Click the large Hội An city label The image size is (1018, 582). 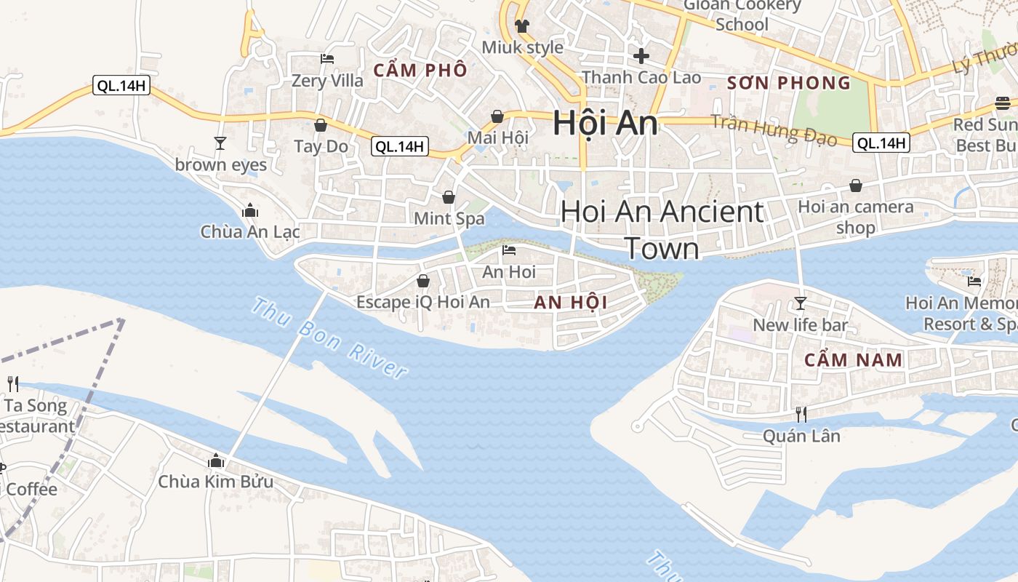(x=605, y=123)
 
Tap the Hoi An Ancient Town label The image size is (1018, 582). (x=662, y=229)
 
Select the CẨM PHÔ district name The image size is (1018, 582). (x=420, y=71)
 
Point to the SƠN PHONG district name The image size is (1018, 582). (x=789, y=83)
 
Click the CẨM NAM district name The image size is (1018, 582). (x=854, y=360)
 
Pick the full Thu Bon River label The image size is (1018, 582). (x=328, y=338)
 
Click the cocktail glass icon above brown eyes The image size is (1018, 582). (x=220, y=143)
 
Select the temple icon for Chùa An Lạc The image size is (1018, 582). (x=250, y=210)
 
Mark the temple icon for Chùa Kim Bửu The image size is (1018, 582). (x=215, y=461)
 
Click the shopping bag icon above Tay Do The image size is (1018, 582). (x=321, y=125)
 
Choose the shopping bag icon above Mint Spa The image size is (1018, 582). (x=449, y=197)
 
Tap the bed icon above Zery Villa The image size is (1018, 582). (x=327, y=59)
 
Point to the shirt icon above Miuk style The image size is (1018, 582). (x=522, y=26)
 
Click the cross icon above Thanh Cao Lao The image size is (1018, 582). (x=641, y=55)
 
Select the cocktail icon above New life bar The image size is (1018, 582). (x=801, y=303)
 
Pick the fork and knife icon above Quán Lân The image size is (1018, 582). (x=801, y=414)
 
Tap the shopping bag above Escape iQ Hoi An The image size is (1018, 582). (x=422, y=281)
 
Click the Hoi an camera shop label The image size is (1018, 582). (x=856, y=217)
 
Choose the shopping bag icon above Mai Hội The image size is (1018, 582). (x=497, y=116)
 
